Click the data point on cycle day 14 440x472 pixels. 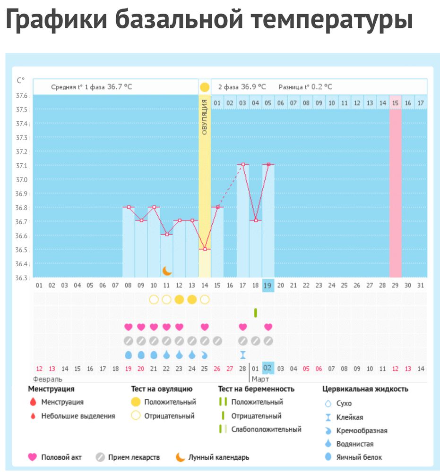(205, 249)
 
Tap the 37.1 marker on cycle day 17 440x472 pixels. (243, 164)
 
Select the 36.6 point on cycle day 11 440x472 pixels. (166, 234)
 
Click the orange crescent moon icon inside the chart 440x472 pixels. (167, 270)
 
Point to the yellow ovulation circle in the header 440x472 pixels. (205, 87)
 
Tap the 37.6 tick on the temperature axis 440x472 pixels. (22, 96)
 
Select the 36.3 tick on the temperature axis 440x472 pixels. (22, 278)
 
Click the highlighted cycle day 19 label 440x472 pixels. (268, 285)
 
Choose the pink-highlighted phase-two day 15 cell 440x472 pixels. (396, 103)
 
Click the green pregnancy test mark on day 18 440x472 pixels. (256, 312)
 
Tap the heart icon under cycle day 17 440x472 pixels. (243, 327)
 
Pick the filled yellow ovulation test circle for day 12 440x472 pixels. (179, 299)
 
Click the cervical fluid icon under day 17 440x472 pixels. (243, 354)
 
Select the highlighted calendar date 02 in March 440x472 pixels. (268, 368)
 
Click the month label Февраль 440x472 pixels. (48, 379)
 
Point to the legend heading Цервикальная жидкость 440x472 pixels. (365, 389)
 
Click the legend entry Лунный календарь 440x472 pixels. (219, 457)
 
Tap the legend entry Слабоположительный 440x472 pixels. (266, 430)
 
